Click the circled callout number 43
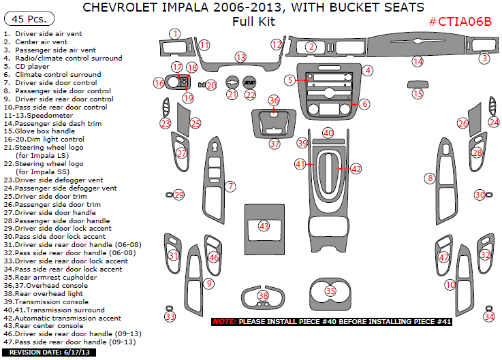pos(263,226)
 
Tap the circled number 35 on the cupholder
pos(330,291)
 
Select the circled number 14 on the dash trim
pos(418,62)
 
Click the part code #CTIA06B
pos(460,22)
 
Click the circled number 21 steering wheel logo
pos(232,95)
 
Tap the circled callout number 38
pos(263,295)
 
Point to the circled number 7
pos(231,186)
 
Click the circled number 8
pos(430,178)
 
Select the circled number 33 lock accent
pos(170,316)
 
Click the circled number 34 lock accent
pos(489,316)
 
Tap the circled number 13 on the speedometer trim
pos(240,57)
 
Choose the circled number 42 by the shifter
pos(356,169)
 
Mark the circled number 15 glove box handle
pos(418,94)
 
